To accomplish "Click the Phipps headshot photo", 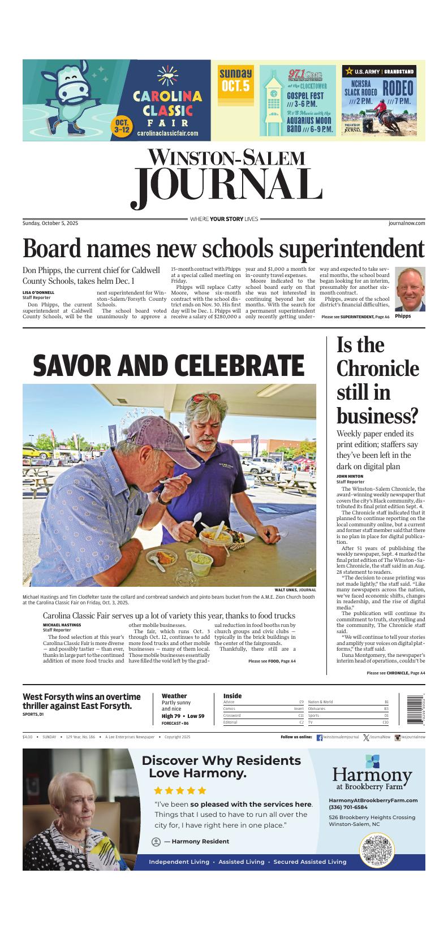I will [410, 289].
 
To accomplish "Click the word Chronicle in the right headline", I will [377, 369].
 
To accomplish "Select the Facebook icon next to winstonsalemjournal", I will [319, 737].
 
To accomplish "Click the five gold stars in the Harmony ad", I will [180, 790].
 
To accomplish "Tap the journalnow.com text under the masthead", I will [407, 223].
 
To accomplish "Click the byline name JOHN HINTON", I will [350, 477].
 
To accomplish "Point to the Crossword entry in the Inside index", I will [232, 715].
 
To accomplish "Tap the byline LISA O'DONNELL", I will [38, 292].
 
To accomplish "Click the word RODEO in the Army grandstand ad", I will [398, 88].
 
